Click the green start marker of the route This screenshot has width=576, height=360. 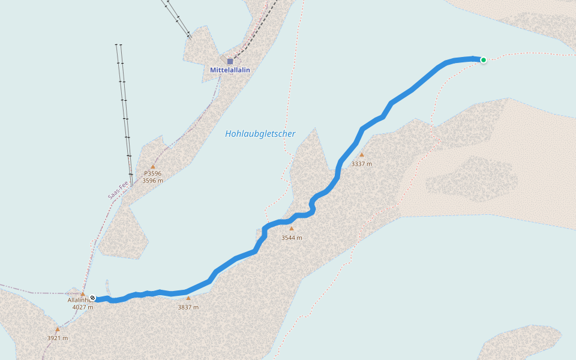[483, 59]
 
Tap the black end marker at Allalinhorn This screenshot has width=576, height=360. [92, 298]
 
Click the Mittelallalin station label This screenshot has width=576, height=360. [230, 70]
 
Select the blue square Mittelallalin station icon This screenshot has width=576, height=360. [230, 61]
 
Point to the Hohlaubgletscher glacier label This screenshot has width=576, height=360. [260, 134]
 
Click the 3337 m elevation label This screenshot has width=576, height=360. [362, 164]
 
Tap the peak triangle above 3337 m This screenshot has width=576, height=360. [361, 155]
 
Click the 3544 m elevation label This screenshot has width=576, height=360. [292, 238]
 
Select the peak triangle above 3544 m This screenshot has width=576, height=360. [292, 228]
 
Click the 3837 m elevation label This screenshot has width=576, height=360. [188, 307]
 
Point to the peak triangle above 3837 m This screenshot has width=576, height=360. [188, 298]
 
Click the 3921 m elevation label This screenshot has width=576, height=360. [58, 338]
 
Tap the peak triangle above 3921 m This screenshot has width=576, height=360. [58, 329]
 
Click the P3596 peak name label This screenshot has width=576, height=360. [152, 173]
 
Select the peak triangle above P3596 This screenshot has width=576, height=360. [153, 167]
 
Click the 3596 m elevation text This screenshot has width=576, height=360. [152, 181]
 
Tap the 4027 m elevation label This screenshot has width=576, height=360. [83, 307]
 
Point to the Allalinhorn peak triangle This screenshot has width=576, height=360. [83, 294]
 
